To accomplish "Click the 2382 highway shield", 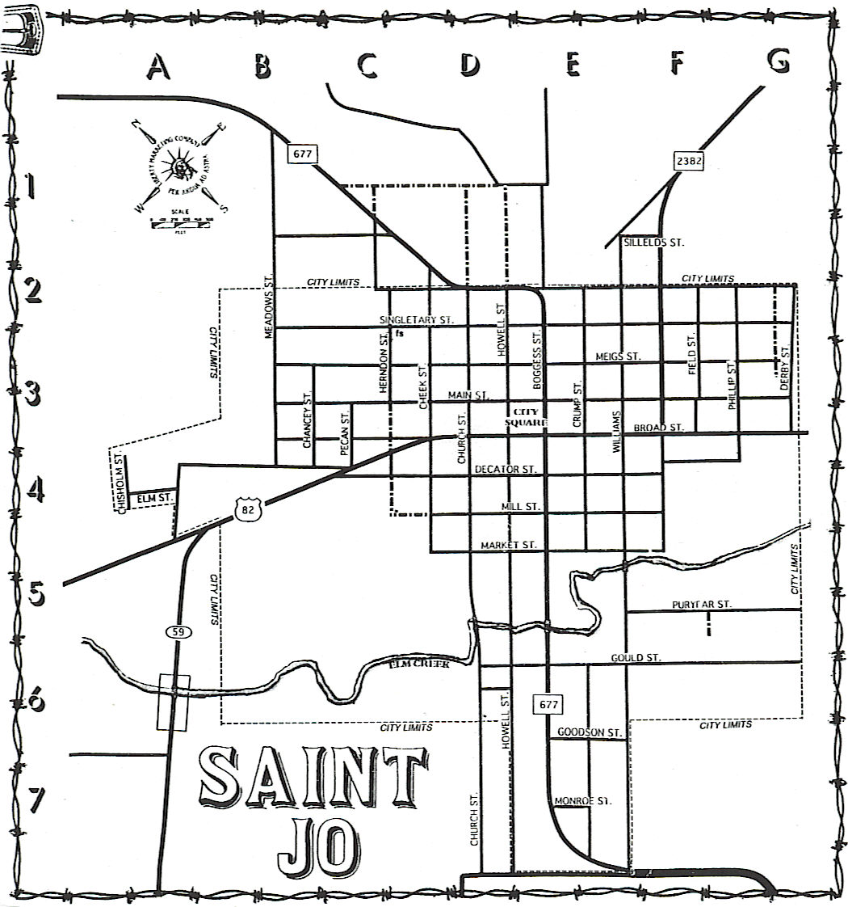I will point(690,160).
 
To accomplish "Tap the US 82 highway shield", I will point(248,507).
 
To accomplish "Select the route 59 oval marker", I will point(178,631).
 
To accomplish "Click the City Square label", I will point(526,416).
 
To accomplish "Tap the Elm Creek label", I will point(418,664).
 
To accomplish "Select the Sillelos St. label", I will point(653,242).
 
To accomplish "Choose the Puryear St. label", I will point(701,605).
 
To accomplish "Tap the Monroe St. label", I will point(582,801).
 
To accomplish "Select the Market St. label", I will point(509,546).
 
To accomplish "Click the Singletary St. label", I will point(417,320).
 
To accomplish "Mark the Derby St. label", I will point(784,369).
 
